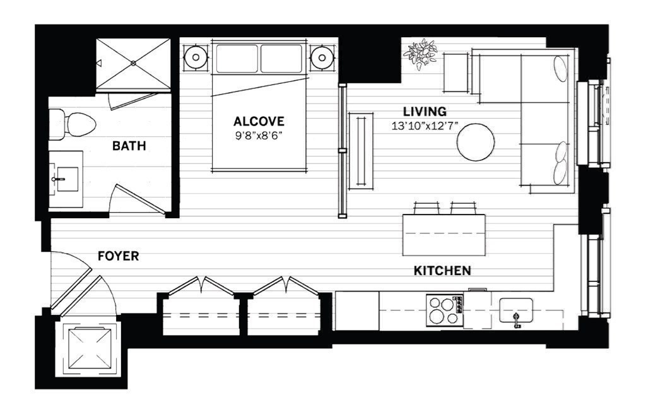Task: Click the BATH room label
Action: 129,146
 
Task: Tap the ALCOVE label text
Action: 259,121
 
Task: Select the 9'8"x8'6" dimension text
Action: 259,135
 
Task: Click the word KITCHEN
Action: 442,271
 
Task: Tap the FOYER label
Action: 118,256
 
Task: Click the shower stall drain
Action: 134,63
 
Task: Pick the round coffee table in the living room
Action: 476,143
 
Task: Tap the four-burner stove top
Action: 443,310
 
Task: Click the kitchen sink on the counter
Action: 516,311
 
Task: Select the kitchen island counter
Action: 444,235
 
